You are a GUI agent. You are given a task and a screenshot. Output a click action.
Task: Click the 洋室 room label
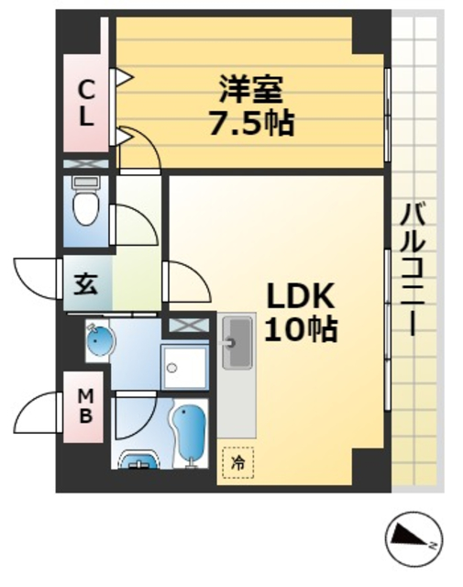pos(251,90)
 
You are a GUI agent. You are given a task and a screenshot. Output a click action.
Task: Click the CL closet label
pos(86,103)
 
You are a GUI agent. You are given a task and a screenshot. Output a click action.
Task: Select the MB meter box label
pos(84,405)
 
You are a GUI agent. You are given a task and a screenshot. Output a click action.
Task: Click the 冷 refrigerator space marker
pos(237,464)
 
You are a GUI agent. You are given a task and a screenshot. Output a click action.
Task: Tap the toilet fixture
pos(85,204)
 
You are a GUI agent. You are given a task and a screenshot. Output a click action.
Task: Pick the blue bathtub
pos(192,434)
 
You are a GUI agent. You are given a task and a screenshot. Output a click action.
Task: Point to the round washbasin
pos(99,343)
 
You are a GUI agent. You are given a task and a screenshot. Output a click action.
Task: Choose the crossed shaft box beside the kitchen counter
pos(186,324)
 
